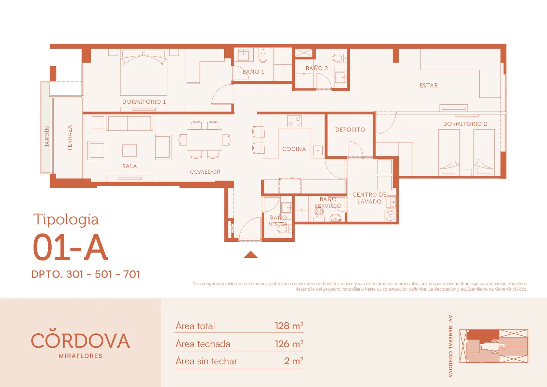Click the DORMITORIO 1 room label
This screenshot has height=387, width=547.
144,102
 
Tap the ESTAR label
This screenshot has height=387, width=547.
429,85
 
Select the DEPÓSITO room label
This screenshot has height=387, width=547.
350,130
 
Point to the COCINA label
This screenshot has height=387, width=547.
294,149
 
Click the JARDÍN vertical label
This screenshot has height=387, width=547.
47,137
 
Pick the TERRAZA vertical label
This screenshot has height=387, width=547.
70,138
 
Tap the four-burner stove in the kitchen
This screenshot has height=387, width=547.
294,121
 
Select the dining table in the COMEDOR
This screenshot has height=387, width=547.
204,140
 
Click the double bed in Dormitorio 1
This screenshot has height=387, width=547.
144,73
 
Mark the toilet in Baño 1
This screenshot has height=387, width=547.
263,56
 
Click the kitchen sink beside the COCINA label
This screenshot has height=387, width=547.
318,150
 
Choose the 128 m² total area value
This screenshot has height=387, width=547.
289,326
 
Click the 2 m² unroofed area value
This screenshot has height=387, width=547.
294,361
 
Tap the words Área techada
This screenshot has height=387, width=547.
203,344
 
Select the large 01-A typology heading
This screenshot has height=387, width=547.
70,247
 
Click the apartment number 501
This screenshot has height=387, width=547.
104,274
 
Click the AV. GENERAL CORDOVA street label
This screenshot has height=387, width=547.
451,346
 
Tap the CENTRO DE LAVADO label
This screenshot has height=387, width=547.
369,198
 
